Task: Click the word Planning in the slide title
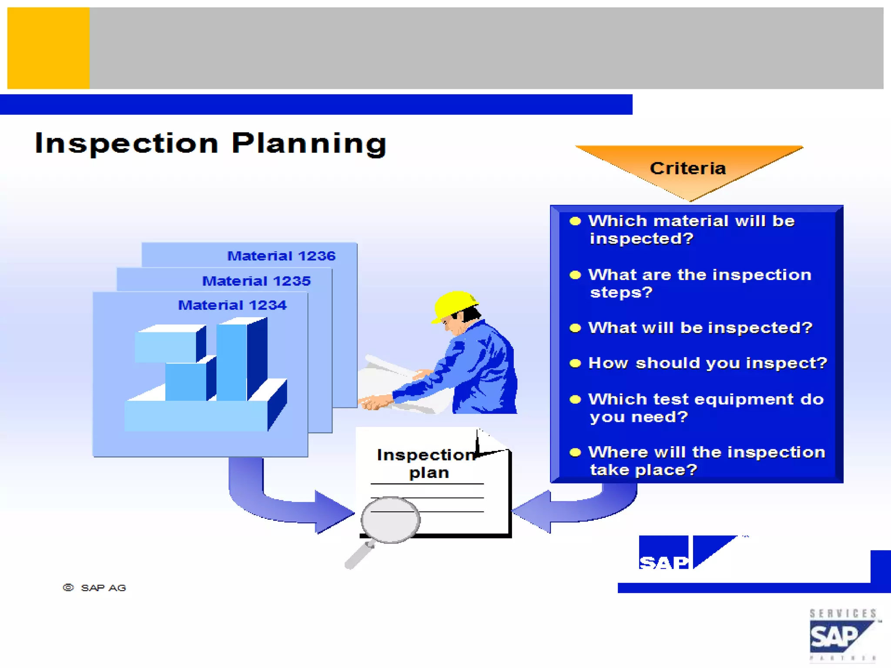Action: (x=309, y=144)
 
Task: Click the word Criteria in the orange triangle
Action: (x=688, y=169)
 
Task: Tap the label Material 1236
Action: (x=281, y=256)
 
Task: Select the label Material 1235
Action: (x=256, y=281)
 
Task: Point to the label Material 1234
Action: (x=232, y=305)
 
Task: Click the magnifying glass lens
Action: (x=390, y=520)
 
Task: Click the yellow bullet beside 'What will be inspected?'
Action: (x=575, y=328)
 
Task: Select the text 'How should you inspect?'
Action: (x=707, y=363)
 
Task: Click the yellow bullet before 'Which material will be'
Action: (x=575, y=221)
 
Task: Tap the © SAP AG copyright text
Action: (x=95, y=588)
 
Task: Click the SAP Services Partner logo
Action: (x=843, y=635)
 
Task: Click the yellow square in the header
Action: (x=48, y=48)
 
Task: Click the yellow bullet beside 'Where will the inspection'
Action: (x=575, y=453)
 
